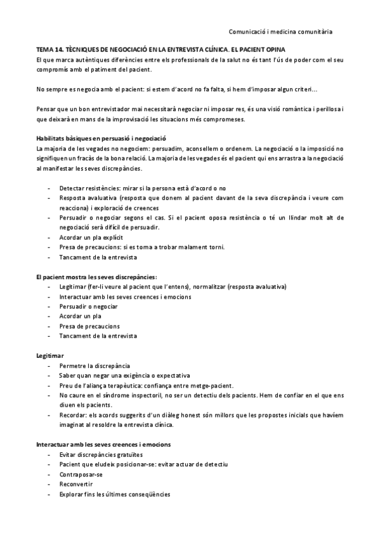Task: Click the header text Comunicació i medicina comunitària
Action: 280,30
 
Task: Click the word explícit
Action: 109,237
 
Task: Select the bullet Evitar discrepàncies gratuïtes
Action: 100,454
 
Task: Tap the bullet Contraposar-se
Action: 81,474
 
